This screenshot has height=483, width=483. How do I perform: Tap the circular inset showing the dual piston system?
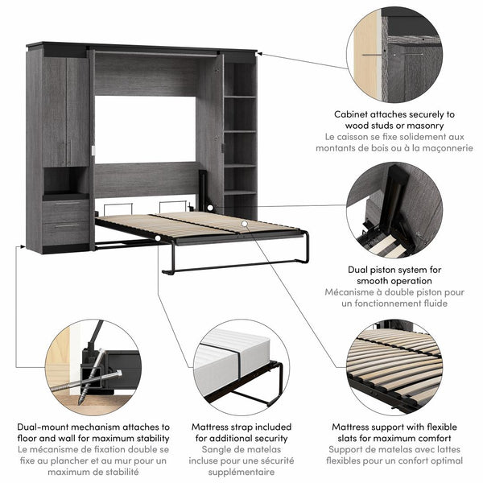pos(394,211)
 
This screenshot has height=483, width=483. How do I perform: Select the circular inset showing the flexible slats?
pos(394,367)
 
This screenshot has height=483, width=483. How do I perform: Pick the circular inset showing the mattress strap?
pos(241,366)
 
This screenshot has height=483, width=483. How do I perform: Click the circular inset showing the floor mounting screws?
pos(92,367)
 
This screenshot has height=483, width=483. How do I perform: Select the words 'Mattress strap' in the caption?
pos(219,427)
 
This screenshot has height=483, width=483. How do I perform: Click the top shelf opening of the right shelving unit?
pos(239,80)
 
